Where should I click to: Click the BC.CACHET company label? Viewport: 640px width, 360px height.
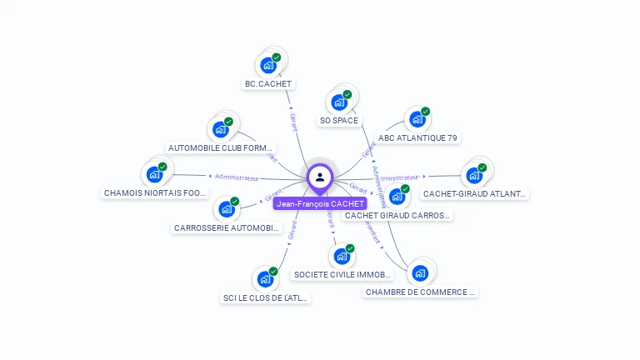coord(268,83)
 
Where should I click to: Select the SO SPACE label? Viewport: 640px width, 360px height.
coord(338,121)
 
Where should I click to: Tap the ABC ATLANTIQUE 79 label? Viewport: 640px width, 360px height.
coord(417,137)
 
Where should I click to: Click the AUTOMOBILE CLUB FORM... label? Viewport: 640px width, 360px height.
coord(221,148)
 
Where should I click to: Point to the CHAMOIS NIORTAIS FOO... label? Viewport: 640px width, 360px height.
coord(155,192)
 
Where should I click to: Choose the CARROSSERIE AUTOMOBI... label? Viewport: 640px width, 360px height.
coord(227,227)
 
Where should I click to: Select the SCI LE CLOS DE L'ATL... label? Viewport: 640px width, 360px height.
coord(265,297)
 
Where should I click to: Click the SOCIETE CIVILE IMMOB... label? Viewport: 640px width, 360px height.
coord(342,274)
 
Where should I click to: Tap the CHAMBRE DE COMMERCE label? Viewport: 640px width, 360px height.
coord(421,292)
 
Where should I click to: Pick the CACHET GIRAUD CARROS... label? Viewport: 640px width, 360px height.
coord(397,215)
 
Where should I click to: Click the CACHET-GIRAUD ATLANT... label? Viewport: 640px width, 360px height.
coord(474,193)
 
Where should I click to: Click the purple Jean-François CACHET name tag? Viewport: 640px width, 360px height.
coord(320,203)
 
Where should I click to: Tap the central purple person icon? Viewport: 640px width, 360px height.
coord(320,177)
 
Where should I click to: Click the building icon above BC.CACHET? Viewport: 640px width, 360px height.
coord(268,64)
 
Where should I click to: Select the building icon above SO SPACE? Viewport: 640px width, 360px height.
coord(338,102)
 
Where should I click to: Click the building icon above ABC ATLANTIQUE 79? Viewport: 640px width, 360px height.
coord(417,118)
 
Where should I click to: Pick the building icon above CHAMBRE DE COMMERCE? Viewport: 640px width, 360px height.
coord(420,272)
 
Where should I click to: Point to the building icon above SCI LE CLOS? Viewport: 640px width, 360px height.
coord(265,278)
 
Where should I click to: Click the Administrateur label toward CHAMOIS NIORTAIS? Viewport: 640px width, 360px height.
coord(237,177)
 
